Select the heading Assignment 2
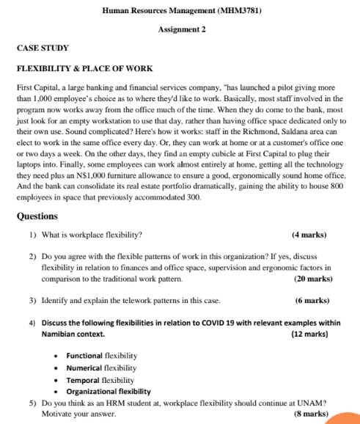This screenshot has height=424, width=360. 181,29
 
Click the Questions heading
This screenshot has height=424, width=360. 38,217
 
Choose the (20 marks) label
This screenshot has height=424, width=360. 313,279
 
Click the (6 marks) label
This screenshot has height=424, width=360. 312,301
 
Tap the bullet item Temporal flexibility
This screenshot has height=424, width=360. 100,380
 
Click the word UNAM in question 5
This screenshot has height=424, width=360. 311,403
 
